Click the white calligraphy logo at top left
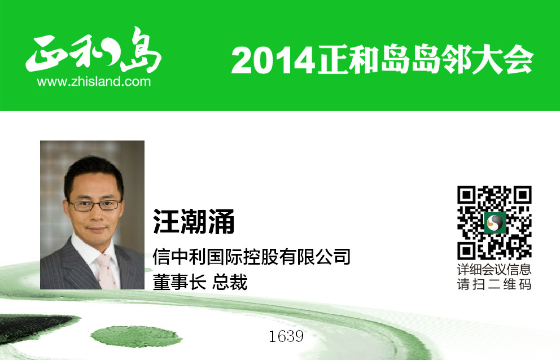(x=94, y=50)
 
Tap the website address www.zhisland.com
(x=94, y=82)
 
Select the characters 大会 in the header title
(x=503, y=60)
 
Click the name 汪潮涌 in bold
(x=194, y=221)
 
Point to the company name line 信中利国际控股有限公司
(x=251, y=256)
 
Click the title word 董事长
(x=180, y=282)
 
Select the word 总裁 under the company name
(x=230, y=282)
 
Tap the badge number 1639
(x=286, y=336)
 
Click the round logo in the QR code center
(x=495, y=222)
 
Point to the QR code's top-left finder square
(x=466, y=195)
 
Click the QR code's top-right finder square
(x=523, y=195)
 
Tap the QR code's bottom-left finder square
(x=466, y=251)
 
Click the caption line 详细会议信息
(x=495, y=269)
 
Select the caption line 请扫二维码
(x=495, y=284)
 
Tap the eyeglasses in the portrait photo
(x=95, y=205)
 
